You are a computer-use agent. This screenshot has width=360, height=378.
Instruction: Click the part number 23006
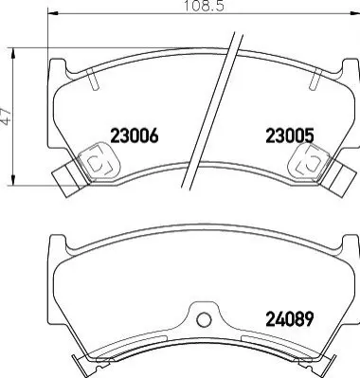pyautogui.click(x=134, y=136)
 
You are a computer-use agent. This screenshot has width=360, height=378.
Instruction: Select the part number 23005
pyautogui.click(x=290, y=136)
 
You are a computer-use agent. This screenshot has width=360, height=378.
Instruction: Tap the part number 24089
pyautogui.click(x=290, y=319)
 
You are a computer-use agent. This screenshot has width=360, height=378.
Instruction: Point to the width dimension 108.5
pyautogui.click(x=204, y=6)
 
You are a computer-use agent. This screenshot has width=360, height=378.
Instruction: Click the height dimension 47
pyautogui.click(x=6, y=117)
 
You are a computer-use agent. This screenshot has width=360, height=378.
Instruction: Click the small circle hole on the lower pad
pyautogui.click(x=204, y=320)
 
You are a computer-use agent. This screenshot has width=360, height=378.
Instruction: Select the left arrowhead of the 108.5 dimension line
pyautogui.click(x=53, y=13)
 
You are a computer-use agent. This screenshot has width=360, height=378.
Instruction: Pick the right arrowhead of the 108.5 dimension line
pyautogui.click(x=354, y=13)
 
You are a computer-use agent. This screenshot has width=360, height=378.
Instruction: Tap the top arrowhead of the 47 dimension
pyautogui.click(x=13, y=54)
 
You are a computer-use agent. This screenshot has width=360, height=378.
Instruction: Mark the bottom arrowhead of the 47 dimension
pyautogui.click(x=13, y=180)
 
